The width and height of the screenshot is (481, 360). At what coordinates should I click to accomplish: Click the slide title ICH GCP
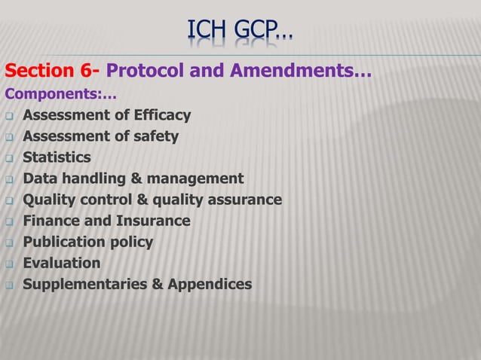pos(240,31)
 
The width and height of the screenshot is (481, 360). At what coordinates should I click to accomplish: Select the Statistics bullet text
pos(57,157)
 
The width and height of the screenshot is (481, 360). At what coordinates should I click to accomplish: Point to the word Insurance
pos(153,221)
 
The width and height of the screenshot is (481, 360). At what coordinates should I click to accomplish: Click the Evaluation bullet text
pos(61,263)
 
